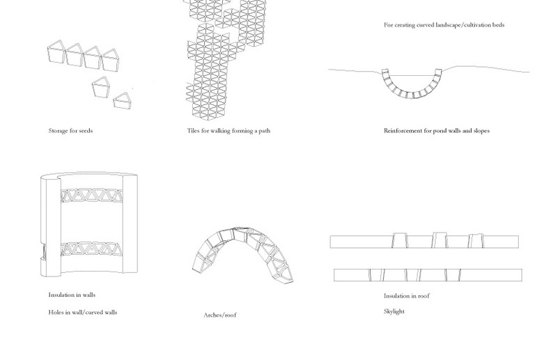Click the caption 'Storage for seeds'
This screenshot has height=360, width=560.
click(x=70, y=131)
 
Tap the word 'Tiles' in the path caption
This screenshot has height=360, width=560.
click(x=193, y=131)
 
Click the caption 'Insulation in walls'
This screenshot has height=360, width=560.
click(x=72, y=295)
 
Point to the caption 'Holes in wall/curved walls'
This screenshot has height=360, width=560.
click(x=83, y=312)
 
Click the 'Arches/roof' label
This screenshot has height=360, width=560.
click(x=220, y=315)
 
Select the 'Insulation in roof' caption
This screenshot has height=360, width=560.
click(x=407, y=296)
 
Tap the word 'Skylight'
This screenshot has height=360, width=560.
click(x=394, y=311)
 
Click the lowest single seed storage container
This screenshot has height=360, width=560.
click(x=123, y=101)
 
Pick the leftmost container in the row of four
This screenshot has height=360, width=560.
click(x=56, y=52)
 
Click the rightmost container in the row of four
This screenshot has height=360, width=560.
click(x=110, y=60)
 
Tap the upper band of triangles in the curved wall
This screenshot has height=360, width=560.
click(x=91, y=196)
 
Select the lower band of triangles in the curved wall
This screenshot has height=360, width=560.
click(x=91, y=249)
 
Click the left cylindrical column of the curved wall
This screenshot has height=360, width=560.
click(x=50, y=225)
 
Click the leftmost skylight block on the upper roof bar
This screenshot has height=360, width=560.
click(x=400, y=240)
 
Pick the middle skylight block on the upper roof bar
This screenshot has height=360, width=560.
click(x=440, y=240)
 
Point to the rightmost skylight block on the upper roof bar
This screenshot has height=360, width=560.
click(x=476, y=241)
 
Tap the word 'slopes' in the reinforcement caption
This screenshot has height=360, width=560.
click(x=481, y=131)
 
